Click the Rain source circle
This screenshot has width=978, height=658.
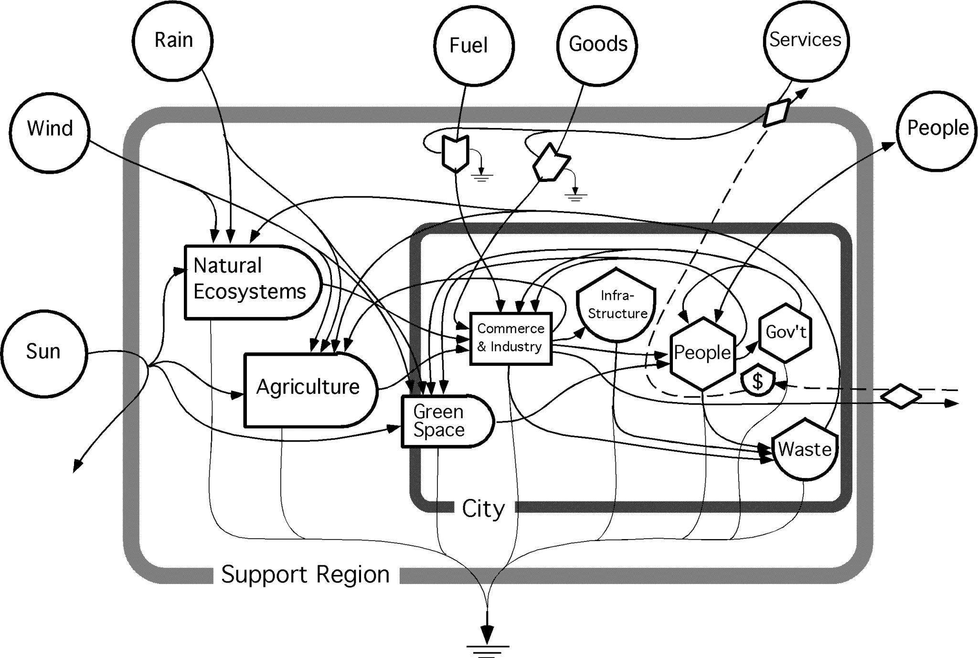pos(173,40)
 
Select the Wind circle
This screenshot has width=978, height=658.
pos(50,129)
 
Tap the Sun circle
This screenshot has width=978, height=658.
pos(44,352)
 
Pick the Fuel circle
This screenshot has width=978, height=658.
pos(474,45)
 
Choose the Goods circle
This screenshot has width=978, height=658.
pos(597,44)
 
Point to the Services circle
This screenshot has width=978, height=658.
pos(805,40)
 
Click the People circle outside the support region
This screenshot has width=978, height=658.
pos(937,129)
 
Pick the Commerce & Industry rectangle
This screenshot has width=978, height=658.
pos(510,338)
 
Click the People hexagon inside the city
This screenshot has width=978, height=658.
pos(702,353)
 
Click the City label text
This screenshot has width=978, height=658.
pos(483,509)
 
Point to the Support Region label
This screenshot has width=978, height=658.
pos(306,574)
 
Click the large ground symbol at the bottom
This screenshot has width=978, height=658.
pos(487,642)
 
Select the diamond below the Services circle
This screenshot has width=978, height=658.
pos(776,113)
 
